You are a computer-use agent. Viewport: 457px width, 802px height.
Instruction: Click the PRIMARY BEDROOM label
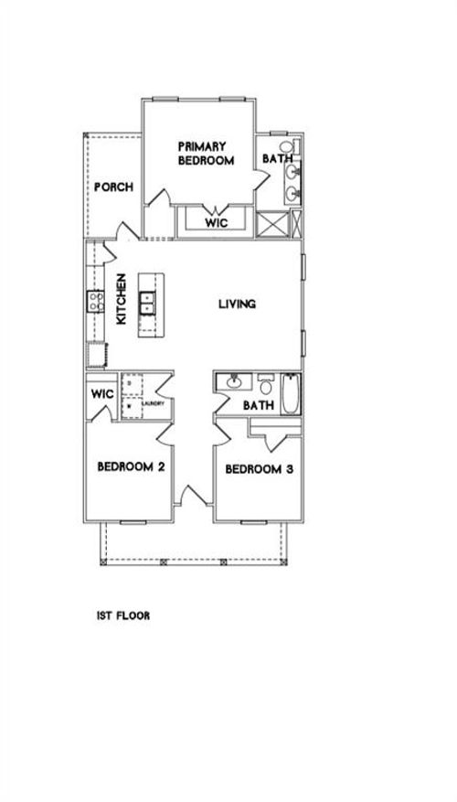(206, 153)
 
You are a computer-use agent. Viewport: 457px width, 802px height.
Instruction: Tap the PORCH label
(114, 187)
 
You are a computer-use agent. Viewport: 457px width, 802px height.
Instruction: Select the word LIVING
(236, 305)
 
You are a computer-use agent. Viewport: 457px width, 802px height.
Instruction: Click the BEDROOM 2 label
(131, 466)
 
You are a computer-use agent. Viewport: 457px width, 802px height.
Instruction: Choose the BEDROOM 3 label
(259, 470)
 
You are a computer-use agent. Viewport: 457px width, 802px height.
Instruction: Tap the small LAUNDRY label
(153, 403)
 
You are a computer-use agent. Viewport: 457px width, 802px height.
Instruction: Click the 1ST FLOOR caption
(123, 616)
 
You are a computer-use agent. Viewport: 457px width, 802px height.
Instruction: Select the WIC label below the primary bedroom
(215, 222)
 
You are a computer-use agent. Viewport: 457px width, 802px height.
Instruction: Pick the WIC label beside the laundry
(101, 395)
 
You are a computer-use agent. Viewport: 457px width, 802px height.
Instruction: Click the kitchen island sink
(146, 303)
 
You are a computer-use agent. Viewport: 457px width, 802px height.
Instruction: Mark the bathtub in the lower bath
(289, 394)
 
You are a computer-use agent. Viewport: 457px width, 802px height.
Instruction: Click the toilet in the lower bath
(264, 382)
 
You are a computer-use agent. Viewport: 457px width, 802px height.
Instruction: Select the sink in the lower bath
(234, 380)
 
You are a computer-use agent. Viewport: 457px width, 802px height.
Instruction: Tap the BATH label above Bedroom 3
(260, 405)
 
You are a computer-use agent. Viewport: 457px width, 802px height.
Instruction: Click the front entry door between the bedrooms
(192, 497)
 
